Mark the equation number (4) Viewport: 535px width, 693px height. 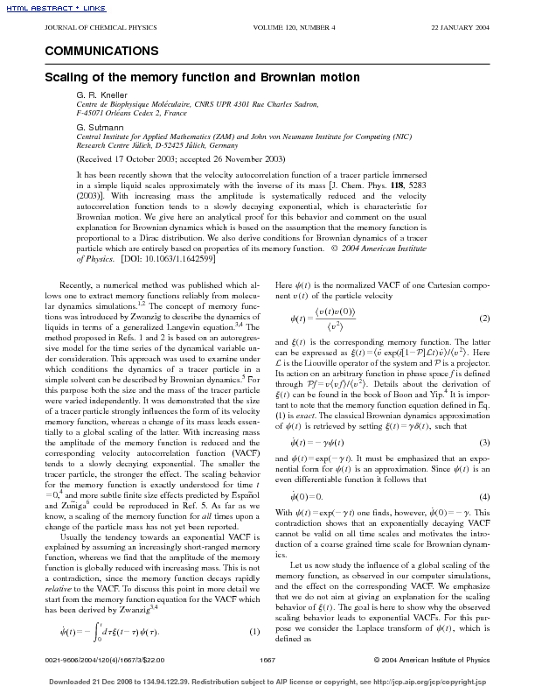point(486,496)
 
